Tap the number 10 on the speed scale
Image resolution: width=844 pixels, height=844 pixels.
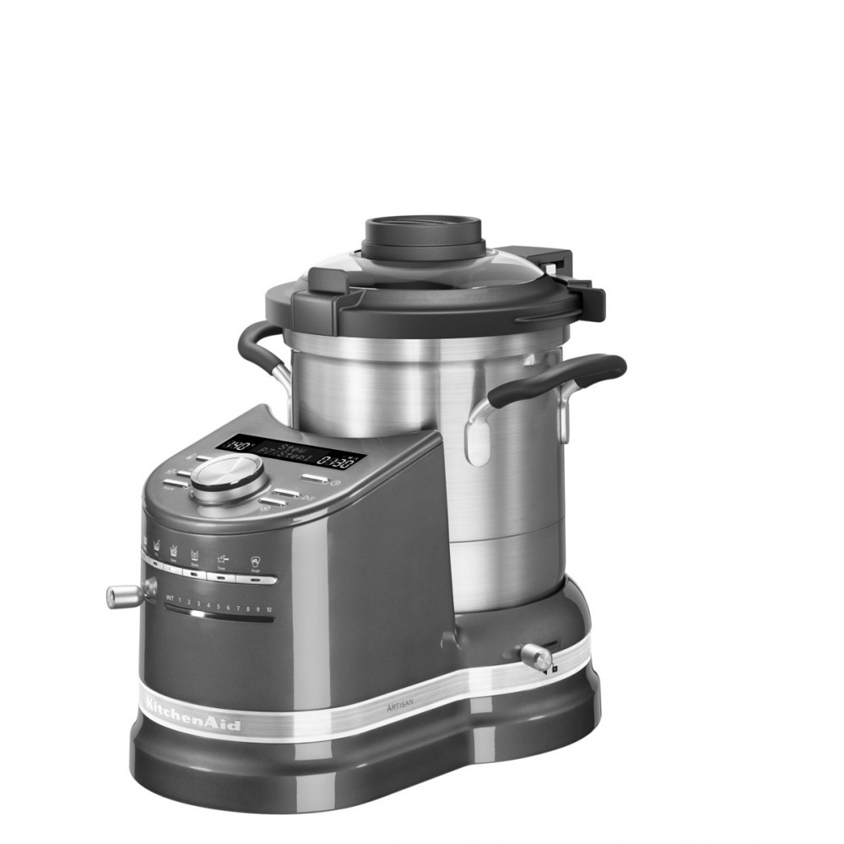[x=268, y=609]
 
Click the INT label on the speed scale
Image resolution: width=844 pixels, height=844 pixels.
[x=170, y=601]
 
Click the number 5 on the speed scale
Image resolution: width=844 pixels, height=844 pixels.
[x=218, y=605]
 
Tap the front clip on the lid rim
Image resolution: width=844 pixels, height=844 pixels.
[x=350, y=310]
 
